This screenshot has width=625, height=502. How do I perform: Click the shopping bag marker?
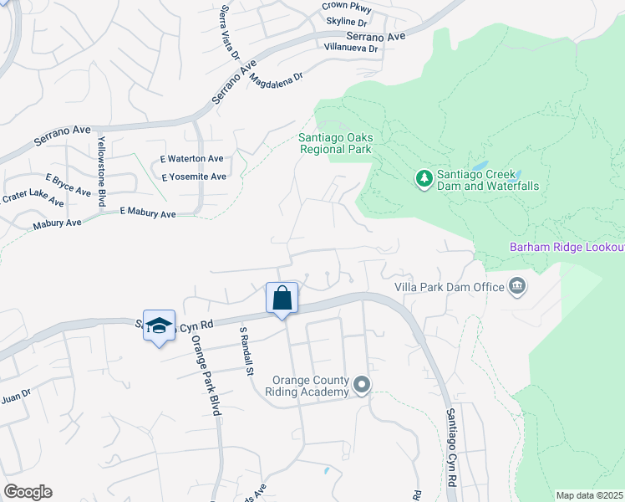[282, 298]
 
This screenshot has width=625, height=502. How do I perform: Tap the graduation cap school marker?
[158, 326]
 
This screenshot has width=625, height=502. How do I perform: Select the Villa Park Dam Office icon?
[517, 287]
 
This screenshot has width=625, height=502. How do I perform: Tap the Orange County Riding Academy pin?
[361, 386]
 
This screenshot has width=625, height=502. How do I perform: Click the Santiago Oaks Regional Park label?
[335, 143]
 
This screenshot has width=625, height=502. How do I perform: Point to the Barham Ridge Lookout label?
[567, 248]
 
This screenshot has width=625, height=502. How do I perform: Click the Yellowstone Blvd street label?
[103, 169]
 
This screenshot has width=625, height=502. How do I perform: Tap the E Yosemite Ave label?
[194, 177]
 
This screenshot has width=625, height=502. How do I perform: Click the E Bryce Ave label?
[68, 186]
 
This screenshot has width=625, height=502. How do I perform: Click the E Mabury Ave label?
[148, 214]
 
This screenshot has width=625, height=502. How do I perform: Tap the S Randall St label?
[244, 351]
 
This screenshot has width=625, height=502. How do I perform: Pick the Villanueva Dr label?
[352, 49]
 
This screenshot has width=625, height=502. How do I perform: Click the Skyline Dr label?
[347, 21]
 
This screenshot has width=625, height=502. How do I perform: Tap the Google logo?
[28, 492]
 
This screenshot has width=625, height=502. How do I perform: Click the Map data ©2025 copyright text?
[588, 495]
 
